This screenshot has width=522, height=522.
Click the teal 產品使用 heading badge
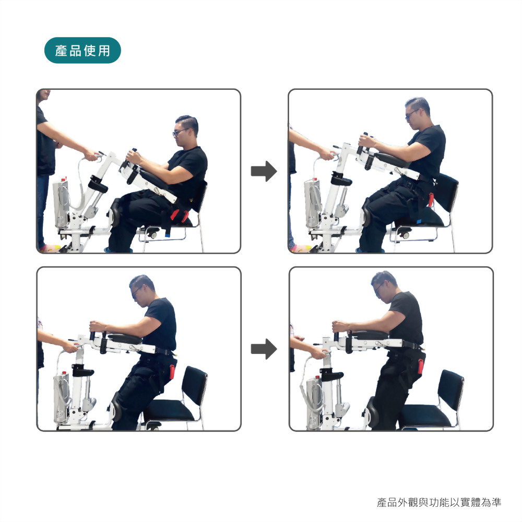82,50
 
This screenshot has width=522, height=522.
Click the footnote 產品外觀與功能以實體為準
439,502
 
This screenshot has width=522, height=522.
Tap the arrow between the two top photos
264,171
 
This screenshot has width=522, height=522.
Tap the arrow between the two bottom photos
264,349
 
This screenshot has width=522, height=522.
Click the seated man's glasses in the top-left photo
180,132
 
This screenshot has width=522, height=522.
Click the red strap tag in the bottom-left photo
172,372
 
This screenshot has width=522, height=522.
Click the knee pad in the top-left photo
115,212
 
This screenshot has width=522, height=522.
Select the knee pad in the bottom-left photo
117,407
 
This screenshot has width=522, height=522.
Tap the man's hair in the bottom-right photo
385,278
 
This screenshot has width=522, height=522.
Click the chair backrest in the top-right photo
447,192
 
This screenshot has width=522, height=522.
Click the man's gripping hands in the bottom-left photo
99,326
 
